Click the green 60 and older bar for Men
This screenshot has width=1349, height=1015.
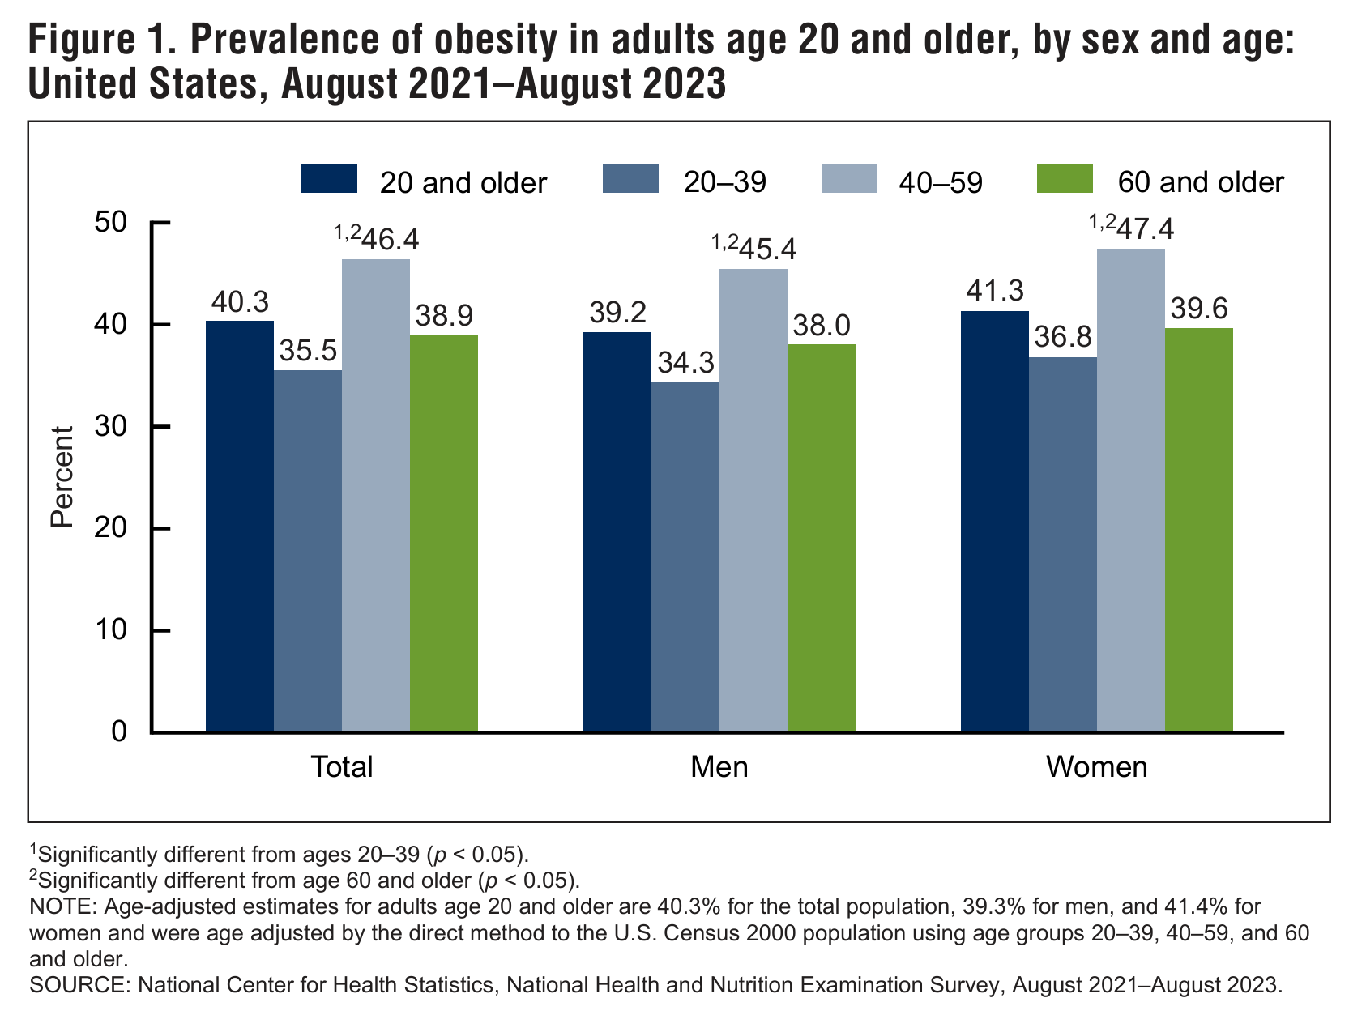(821, 538)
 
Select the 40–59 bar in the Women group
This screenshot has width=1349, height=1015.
(1131, 490)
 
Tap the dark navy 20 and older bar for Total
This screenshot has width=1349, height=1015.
(240, 526)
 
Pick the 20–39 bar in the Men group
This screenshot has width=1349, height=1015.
(685, 557)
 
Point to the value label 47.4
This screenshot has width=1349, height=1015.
(1145, 229)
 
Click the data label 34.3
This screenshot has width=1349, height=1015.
(686, 363)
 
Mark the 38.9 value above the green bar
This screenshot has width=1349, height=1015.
(444, 316)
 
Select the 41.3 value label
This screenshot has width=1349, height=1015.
(995, 291)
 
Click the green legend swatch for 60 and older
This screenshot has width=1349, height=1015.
(1065, 179)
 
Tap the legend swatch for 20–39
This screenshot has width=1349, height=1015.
(630, 179)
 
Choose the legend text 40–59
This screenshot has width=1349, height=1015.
(941, 182)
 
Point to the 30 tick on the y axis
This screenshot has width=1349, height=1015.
(160, 426)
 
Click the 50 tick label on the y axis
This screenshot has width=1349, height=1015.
(111, 222)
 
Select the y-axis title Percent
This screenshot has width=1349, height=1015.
(62, 477)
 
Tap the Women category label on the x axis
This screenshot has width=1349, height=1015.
(1097, 767)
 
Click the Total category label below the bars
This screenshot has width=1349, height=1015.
(342, 767)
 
